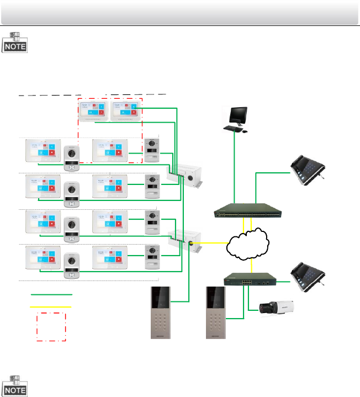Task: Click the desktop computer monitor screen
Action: [x=239, y=114]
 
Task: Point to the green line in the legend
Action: [x=51, y=294]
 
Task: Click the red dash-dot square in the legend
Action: [x=51, y=326]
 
